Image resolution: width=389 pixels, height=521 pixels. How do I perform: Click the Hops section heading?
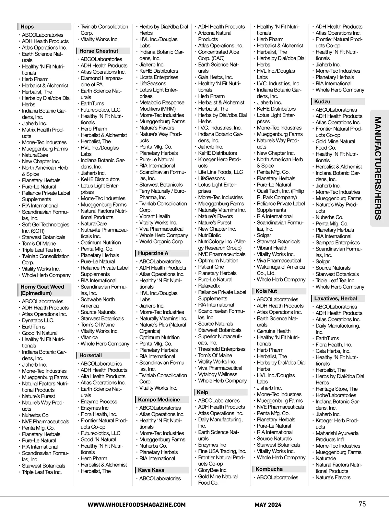coord(27,27)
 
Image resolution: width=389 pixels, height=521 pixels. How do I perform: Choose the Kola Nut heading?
coord(266,291)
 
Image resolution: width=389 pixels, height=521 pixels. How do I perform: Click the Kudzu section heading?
coord(322,102)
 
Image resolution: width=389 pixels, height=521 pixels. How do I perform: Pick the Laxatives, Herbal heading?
coord(336,298)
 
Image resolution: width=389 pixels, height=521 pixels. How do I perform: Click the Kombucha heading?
coord(269,469)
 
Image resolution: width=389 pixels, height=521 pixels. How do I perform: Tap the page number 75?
coord(362,504)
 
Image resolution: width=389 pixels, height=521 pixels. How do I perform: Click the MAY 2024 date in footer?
coord(268,505)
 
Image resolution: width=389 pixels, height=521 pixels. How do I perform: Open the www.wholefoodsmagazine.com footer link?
coord(136,505)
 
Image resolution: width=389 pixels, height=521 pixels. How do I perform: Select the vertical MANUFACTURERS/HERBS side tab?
coord(378,169)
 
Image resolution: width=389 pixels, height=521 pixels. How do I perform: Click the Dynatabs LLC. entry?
coord(38,321)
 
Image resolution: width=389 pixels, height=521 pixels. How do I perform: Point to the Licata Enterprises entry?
coord(159,77)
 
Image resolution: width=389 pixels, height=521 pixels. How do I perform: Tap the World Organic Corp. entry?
coord(161,242)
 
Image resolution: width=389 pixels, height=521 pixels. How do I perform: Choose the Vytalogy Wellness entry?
coord(218,374)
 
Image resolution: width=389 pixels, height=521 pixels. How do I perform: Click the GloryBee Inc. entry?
coord(213,470)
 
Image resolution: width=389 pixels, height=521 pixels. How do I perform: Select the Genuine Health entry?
coord(274,331)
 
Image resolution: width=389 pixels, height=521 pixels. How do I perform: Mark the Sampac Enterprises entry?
coord(337,243)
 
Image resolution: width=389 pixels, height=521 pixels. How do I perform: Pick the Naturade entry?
coord(326,459)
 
